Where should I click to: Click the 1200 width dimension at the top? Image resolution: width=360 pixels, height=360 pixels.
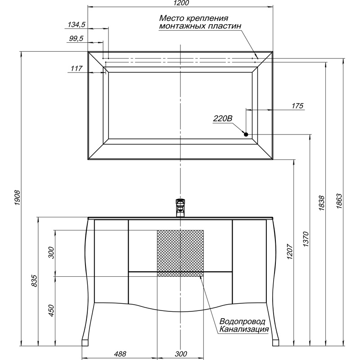[x=181, y=3]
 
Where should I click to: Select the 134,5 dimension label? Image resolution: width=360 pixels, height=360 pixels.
[x=76, y=24]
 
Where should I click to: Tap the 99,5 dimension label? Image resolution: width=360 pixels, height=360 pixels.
[x=76, y=38]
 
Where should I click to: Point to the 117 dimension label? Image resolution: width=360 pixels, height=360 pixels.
[x=76, y=68]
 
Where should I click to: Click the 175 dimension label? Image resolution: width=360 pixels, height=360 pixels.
[x=297, y=106]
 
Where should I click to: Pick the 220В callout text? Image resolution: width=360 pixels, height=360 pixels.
[x=223, y=118]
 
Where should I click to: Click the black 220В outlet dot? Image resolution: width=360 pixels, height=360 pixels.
[x=246, y=135]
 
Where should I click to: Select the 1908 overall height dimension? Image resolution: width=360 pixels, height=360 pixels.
[x=18, y=198]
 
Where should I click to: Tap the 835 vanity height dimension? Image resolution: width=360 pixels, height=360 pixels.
[x=34, y=280]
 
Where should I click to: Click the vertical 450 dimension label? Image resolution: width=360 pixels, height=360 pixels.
[x=51, y=310]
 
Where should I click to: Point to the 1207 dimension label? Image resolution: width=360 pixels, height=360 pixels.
[x=290, y=252]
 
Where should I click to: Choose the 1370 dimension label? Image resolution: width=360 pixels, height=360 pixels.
[x=306, y=239]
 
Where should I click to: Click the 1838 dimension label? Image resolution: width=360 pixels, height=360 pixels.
[x=322, y=203]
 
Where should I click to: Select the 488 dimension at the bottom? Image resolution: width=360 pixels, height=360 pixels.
[x=120, y=354]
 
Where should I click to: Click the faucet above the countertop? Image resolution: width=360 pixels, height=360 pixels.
[x=180, y=208]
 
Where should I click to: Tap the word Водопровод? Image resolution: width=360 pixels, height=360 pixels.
[x=242, y=321]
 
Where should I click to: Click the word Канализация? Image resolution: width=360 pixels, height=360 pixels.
[x=244, y=329]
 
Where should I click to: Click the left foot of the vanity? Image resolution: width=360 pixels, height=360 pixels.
[x=85, y=342]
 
